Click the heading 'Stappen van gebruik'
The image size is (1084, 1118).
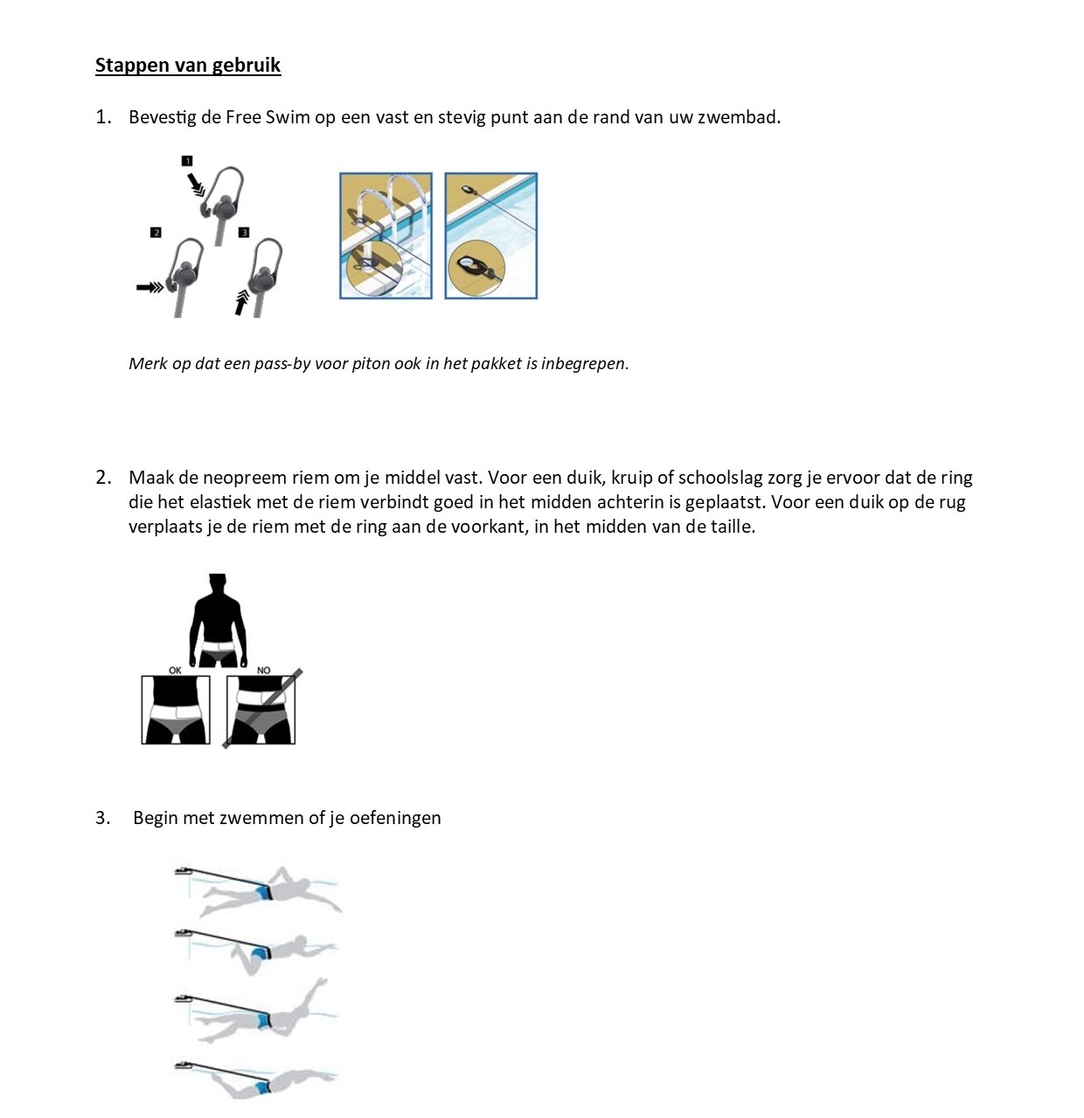click(188, 66)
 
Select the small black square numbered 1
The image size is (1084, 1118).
click(187, 161)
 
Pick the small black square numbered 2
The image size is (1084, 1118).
click(156, 233)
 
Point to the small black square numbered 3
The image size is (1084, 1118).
click(244, 233)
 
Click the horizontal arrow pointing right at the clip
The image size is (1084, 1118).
click(149, 287)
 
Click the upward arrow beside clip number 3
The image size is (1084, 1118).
click(242, 302)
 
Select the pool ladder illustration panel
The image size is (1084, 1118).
click(386, 236)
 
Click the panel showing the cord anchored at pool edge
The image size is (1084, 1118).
click(491, 236)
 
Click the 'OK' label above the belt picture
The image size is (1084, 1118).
click(175, 670)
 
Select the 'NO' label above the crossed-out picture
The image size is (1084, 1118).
click(264, 670)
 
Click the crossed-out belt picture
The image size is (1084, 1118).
click(261, 710)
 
